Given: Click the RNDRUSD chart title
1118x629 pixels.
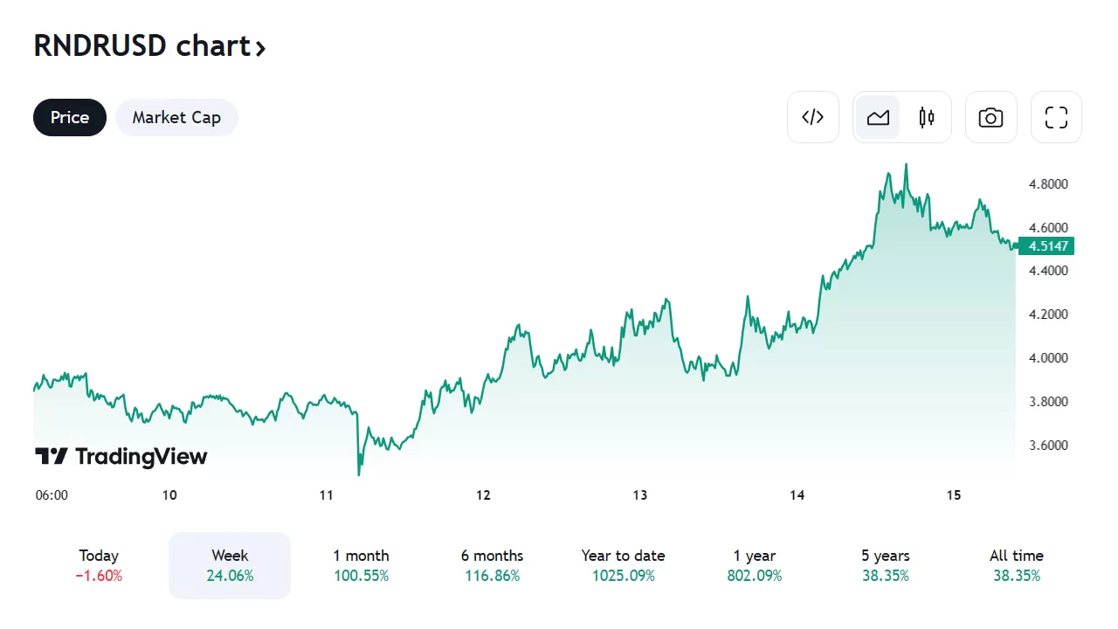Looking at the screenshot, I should [x=149, y=46].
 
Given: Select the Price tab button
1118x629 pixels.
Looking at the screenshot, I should [x=70, y=117].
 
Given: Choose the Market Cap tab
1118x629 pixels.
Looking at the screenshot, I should [x=176, y=117].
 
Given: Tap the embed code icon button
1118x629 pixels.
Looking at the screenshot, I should [x=813, y=117].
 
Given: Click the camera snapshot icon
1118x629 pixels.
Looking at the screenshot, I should [x=990, y=117].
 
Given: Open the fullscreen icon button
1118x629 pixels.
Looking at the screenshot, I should [x=1057, y=117].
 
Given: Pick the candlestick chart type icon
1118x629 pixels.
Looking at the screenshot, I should [x=927, y=117].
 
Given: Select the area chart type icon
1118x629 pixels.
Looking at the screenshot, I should [x=878, y=117].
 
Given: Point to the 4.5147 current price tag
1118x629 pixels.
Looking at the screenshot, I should [x=1049, y=246].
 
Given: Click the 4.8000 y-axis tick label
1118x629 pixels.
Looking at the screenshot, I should [x=1048, y=184].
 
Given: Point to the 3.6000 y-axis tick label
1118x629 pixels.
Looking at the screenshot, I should [x=1048, y=446].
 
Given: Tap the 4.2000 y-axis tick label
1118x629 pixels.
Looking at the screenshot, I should [x=1048, y=314].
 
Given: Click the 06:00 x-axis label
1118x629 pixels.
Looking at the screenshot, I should [x=52, y=495].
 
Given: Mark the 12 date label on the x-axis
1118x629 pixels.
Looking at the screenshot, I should [x=483, y=495].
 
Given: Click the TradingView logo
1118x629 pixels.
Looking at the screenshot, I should [x=121, y=456].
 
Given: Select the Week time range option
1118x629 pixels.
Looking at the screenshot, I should [x=230, y=565].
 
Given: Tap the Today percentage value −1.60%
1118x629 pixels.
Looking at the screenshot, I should [x=99, y=576].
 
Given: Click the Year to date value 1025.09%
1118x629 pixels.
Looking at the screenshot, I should [x=623, y=576].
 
